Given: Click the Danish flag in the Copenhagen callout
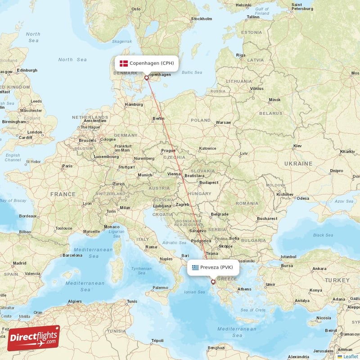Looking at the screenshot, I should [124, 63].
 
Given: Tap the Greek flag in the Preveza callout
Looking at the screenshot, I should [195, 267].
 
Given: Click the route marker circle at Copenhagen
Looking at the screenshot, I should [146, 78].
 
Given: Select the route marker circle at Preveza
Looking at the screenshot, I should [213, 282].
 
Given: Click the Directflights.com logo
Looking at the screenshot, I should [33, 338].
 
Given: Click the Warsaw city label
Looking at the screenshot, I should [223, 122].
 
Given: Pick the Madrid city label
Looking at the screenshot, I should [19, 263].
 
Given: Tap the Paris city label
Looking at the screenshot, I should [67, 166].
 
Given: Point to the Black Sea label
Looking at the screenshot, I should [323, 235].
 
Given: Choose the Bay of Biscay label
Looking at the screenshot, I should [13, 200].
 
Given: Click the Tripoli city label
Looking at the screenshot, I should [157, 340].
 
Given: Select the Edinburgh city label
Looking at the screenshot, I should [27, 70].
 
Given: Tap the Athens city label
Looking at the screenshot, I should [244, 289].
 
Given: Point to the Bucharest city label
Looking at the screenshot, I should [267, 219].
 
